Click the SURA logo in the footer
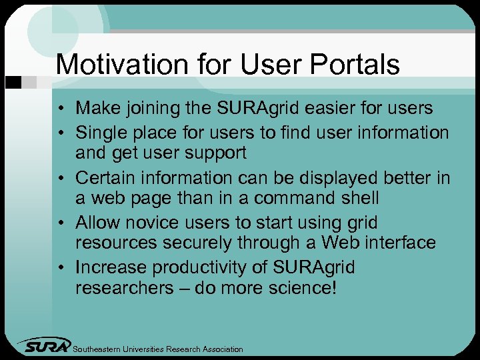click(45, 345)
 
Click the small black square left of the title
click(11, 82)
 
